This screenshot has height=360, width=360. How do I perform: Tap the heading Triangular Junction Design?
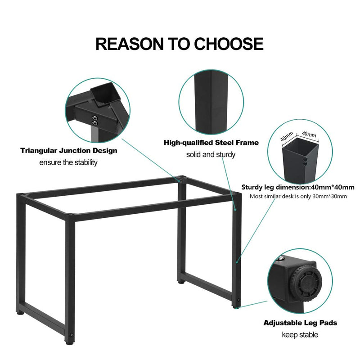69,151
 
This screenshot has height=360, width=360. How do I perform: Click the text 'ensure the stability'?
68,162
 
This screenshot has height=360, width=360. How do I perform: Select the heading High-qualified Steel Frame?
211,143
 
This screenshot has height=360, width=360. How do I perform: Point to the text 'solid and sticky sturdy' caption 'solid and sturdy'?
211,154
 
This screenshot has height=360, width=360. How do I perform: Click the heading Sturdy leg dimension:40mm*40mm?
298,187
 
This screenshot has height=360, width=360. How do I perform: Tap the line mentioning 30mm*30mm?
298,196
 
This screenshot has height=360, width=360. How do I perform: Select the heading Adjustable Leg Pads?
300,323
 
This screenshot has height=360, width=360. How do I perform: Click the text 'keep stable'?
300,334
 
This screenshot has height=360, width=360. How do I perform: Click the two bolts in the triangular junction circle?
95,120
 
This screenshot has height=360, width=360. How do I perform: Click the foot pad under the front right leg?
236,307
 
